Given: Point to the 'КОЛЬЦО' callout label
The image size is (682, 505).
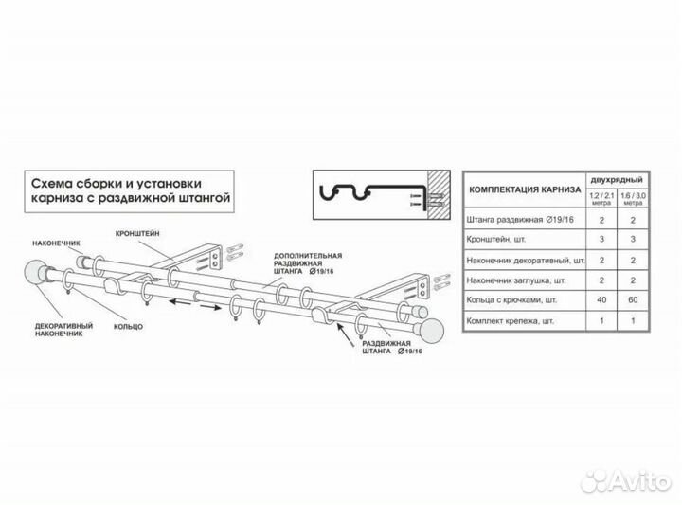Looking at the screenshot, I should (x=125, y=326).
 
